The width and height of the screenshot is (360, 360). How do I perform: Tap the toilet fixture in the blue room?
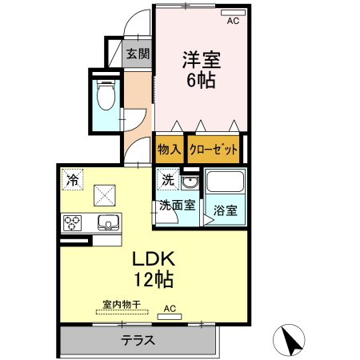pos(104,97)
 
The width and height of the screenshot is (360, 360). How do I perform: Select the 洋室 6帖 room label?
pos(201,70)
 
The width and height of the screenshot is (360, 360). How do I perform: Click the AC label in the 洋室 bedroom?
pos(233,22)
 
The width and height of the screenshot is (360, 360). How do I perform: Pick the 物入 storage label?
pos(169,149)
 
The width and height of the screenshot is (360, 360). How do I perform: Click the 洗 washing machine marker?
pos(167,179)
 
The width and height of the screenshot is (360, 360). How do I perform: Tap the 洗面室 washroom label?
pos(176,205)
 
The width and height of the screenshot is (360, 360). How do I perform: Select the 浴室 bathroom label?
pos(225,211)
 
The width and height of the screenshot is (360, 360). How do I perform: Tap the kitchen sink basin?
pos(108,222)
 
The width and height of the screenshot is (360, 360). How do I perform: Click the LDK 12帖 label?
pos(153,269)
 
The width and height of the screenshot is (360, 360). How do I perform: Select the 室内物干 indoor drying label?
pos(121,305)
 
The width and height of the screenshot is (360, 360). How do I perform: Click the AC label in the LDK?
pos(170,308)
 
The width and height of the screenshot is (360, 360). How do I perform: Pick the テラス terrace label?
pos(138,340)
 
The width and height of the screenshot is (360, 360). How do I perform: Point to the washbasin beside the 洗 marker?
pos(189,180)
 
